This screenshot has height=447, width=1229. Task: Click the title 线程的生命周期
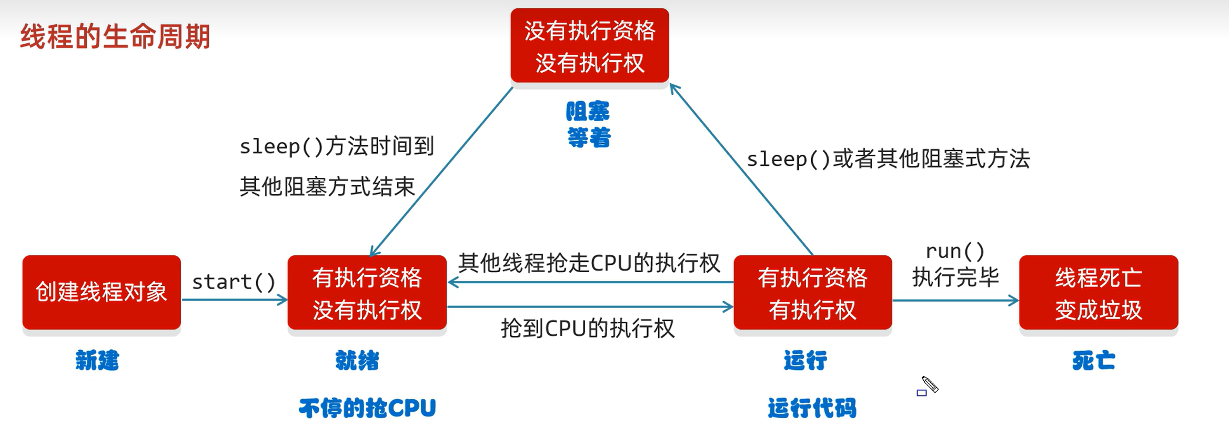coord(115,37)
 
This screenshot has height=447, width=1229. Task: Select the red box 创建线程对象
coord(102,292)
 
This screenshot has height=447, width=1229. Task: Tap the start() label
coord(234,282)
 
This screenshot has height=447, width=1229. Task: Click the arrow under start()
coord(235,300)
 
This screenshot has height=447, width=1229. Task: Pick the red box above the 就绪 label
coord(367,293)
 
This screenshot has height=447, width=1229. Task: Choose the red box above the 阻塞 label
coord(589,46)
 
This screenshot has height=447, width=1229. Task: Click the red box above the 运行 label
coord(812,293)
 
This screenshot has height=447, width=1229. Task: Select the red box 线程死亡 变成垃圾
coord(1098,293)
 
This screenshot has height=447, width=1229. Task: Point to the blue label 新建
coord(97,361)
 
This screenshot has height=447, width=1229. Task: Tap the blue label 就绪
coord(357,361)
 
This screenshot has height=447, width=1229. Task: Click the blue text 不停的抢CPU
coord(367,408)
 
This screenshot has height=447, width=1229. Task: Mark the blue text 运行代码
coord(812,408)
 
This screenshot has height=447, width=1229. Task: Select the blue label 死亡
coord(1094,361)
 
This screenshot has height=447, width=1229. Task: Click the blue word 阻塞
coord(588,112)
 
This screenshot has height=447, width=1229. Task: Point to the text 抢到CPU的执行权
coord(587,329)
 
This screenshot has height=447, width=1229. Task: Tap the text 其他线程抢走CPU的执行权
coord(589,263)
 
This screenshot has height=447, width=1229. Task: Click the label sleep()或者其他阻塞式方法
coord(888,159)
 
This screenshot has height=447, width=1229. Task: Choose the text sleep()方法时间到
coord(337,146)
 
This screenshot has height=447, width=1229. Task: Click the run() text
coord(955,251)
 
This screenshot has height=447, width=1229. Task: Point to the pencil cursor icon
coord(930,384)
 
